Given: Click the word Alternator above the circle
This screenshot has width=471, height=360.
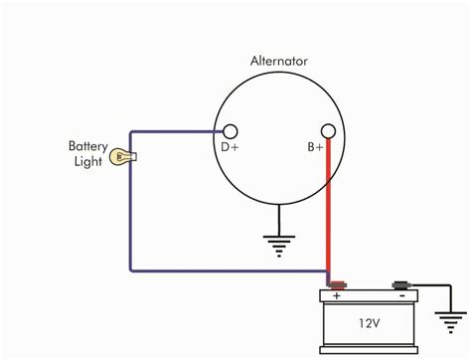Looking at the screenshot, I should [x=279, y=61].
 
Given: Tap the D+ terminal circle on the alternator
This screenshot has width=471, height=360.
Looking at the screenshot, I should [x=230, y=132].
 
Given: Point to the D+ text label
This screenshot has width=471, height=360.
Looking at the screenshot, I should [x=230, y=151].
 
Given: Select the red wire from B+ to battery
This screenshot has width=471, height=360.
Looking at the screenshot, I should [x=327, y=209].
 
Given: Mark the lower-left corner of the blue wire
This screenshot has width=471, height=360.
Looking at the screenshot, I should [x=130, y=270].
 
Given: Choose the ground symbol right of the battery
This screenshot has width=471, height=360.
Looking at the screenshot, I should [x=450, y=319].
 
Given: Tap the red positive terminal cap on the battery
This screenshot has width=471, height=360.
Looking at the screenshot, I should [x=337, y=285].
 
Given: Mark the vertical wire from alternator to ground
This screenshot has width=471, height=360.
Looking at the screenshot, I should [x=279, y=214].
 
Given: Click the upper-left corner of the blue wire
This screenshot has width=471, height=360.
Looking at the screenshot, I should [x=130, y=132].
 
